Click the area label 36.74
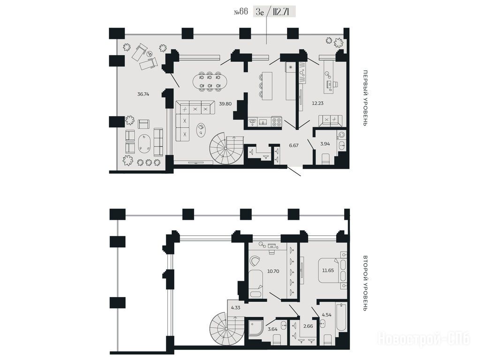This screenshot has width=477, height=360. [143, 94]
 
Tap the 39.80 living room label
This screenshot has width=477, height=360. [225, 104]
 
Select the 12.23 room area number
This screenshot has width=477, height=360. [317, 103]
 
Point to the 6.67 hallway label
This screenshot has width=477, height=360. [294, 145]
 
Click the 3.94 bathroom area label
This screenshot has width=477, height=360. [325, 144]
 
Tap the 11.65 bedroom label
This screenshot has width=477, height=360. [328, 270]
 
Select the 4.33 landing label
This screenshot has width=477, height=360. [235, 307]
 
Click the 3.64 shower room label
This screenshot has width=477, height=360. [272, 329]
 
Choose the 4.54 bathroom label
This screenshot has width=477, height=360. [326, 315]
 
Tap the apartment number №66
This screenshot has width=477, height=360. [241, 12]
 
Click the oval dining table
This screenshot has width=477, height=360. [210, 81]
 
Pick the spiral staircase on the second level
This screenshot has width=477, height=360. [227, 329]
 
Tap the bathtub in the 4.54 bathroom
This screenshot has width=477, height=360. [341, 318]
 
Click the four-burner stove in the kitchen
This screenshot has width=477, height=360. [276, 121]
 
